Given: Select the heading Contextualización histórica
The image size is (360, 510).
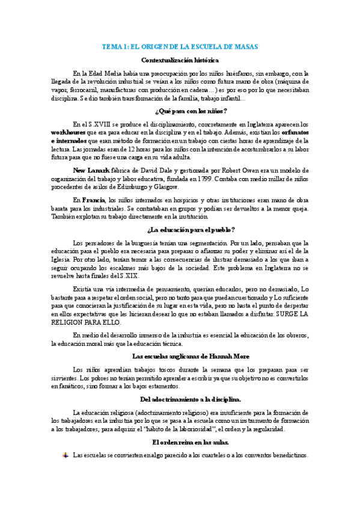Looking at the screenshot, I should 180,60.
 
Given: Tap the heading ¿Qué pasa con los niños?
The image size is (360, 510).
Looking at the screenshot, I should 180,111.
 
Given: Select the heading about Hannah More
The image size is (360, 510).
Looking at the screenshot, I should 180,356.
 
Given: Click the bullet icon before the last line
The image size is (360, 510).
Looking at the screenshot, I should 65,455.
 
